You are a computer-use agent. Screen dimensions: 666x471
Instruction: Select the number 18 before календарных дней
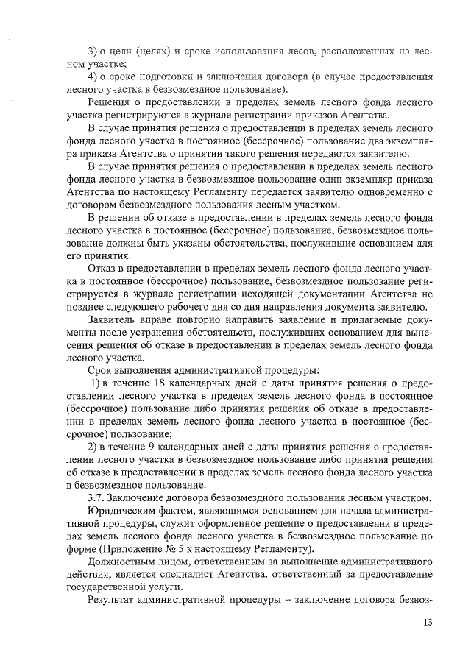coord(158,385)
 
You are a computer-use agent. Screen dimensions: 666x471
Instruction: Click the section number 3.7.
coord(96,498)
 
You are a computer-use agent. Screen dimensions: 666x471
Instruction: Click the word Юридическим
coord(121,511)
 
